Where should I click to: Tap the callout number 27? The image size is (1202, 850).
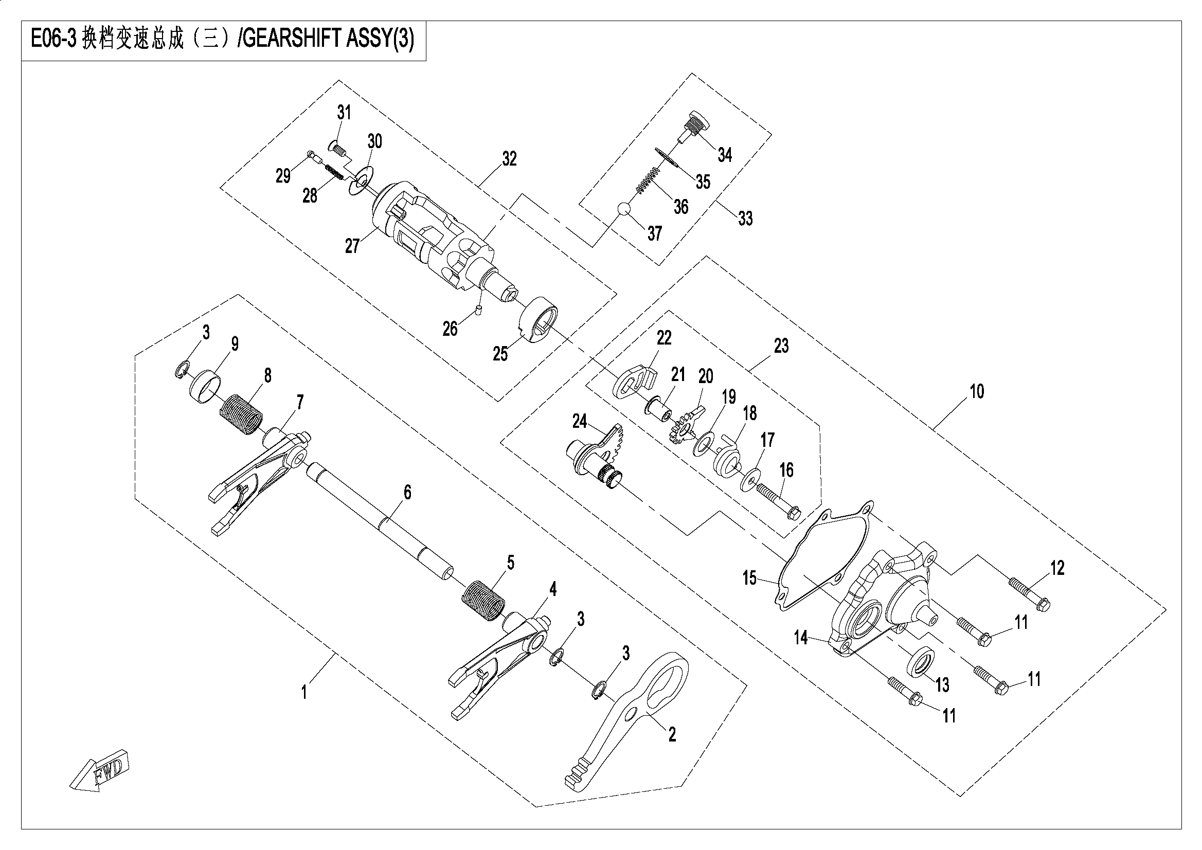point(352,245)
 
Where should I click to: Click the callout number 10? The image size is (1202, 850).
point(976,391)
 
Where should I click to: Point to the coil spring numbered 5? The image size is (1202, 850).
point(485,600)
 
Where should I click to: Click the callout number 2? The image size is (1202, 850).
point(672,734)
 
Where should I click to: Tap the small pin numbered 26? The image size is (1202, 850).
point(479,311)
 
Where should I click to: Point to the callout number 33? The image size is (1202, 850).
point(745,218)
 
